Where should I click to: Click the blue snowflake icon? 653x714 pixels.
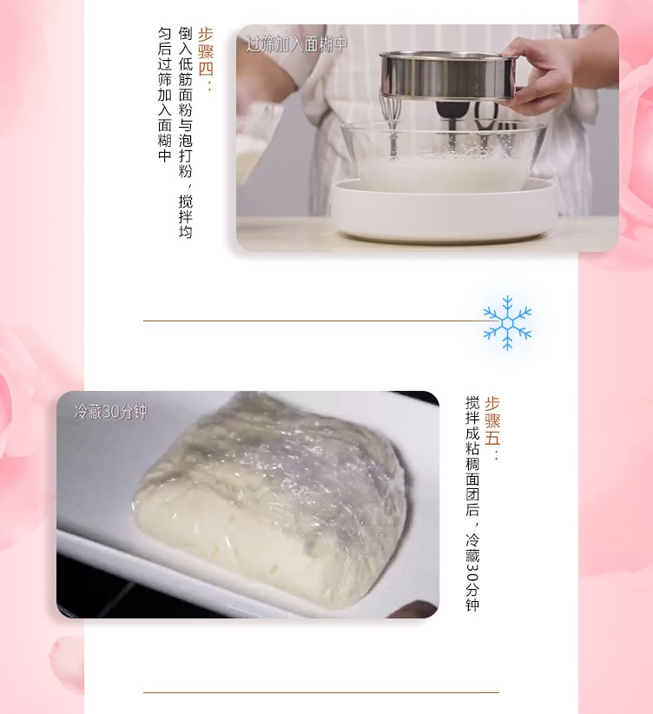(507, 323)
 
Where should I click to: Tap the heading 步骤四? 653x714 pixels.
(206, 52)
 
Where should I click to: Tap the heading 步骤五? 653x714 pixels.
(492, 420)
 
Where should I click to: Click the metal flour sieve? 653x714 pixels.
(449, 74)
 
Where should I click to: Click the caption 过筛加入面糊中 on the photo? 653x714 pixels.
(297, 44)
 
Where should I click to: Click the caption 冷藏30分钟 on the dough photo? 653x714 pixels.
(110, 412)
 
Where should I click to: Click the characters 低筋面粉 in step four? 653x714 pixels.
(185, 87)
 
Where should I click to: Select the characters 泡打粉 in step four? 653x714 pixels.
(185, 155)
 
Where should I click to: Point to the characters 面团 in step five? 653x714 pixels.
(472, 486)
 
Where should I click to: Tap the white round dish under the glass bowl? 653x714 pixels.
(444, 209)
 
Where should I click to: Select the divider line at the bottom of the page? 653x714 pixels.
(321, 692)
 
